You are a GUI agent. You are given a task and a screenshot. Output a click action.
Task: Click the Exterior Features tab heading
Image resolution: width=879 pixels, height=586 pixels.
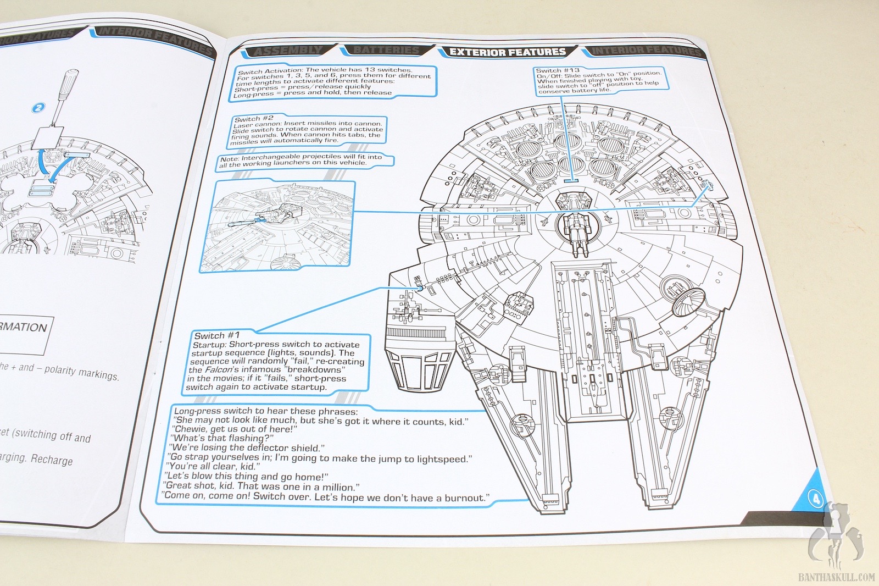(507, 52)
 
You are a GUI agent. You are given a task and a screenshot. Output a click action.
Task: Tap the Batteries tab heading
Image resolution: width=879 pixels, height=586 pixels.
(386, 51)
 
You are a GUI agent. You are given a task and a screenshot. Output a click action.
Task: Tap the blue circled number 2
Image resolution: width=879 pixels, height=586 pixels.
(38, 108)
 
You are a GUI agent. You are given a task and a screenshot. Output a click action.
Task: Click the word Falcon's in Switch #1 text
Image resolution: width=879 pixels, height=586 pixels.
(221, 370)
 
